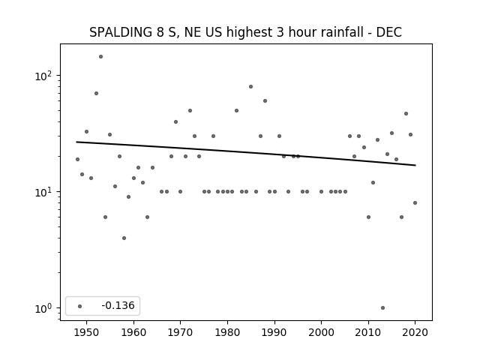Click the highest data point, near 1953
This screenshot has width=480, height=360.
tap(100, 57)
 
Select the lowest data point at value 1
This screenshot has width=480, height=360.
tap(382, 308)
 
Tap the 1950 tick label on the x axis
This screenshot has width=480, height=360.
tap(87, 332)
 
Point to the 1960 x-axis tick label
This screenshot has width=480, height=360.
tap(133, 332)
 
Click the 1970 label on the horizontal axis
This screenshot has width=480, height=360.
tap(181, 332)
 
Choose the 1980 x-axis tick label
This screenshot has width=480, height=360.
tap(227, 332)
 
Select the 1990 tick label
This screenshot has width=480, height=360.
tap(274, 332)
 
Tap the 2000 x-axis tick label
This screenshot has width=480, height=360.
tap(322, 332)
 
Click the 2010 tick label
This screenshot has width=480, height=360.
tap(368, 332)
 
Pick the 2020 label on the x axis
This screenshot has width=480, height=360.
tap(415, 332)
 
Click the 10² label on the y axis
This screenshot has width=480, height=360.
tap(43, 76)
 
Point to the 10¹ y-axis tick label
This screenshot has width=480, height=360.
tap(43, 192)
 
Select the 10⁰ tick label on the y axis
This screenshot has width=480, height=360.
tap(43, 308)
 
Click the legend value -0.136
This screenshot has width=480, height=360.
tap(118, 305)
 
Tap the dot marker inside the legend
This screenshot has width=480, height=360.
tap(80, 306)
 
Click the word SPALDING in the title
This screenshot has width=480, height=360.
tap(121, 32)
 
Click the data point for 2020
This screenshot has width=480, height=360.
tap(415, 203)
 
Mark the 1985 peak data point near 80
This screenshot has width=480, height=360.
tap(251, 87)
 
